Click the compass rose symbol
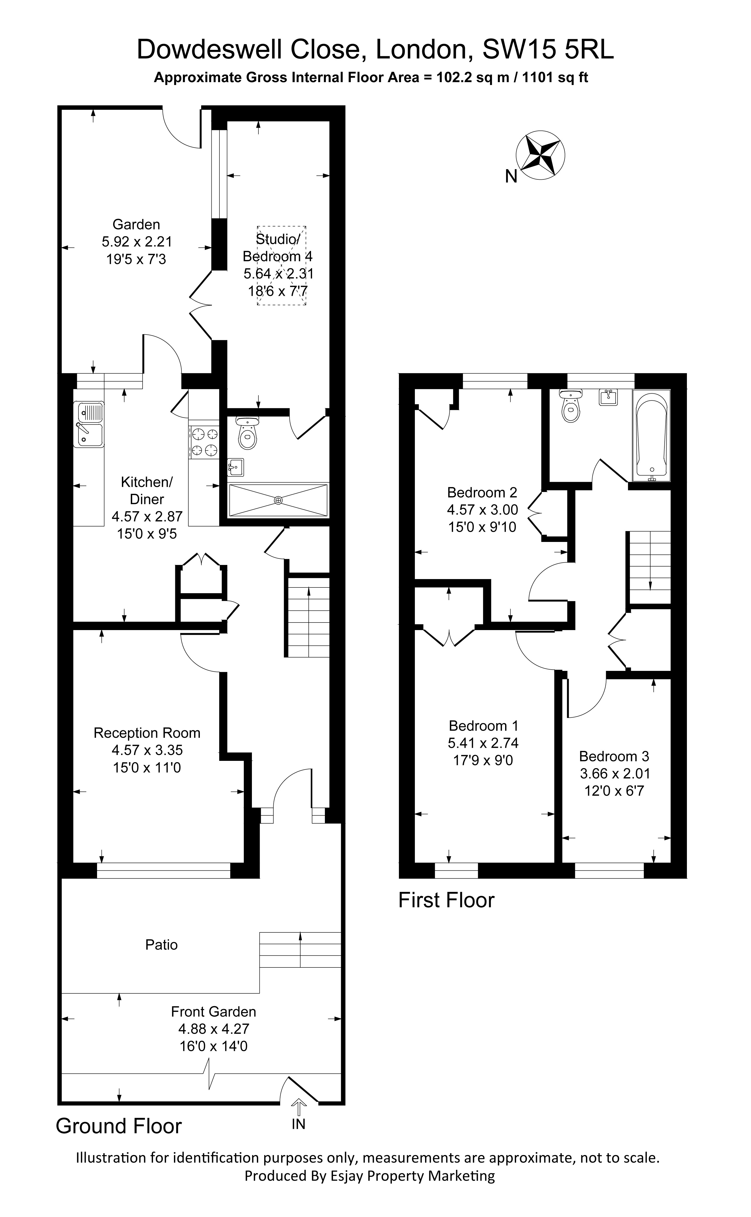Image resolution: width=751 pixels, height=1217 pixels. tap(540, 155)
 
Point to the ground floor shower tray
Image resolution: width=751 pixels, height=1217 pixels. tap(278, 501)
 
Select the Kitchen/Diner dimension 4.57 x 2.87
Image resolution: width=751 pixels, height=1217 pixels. tap(147, 516)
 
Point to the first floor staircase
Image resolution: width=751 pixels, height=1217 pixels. tap(650, 567)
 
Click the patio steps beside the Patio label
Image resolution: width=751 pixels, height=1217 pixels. tap(300, 949)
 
